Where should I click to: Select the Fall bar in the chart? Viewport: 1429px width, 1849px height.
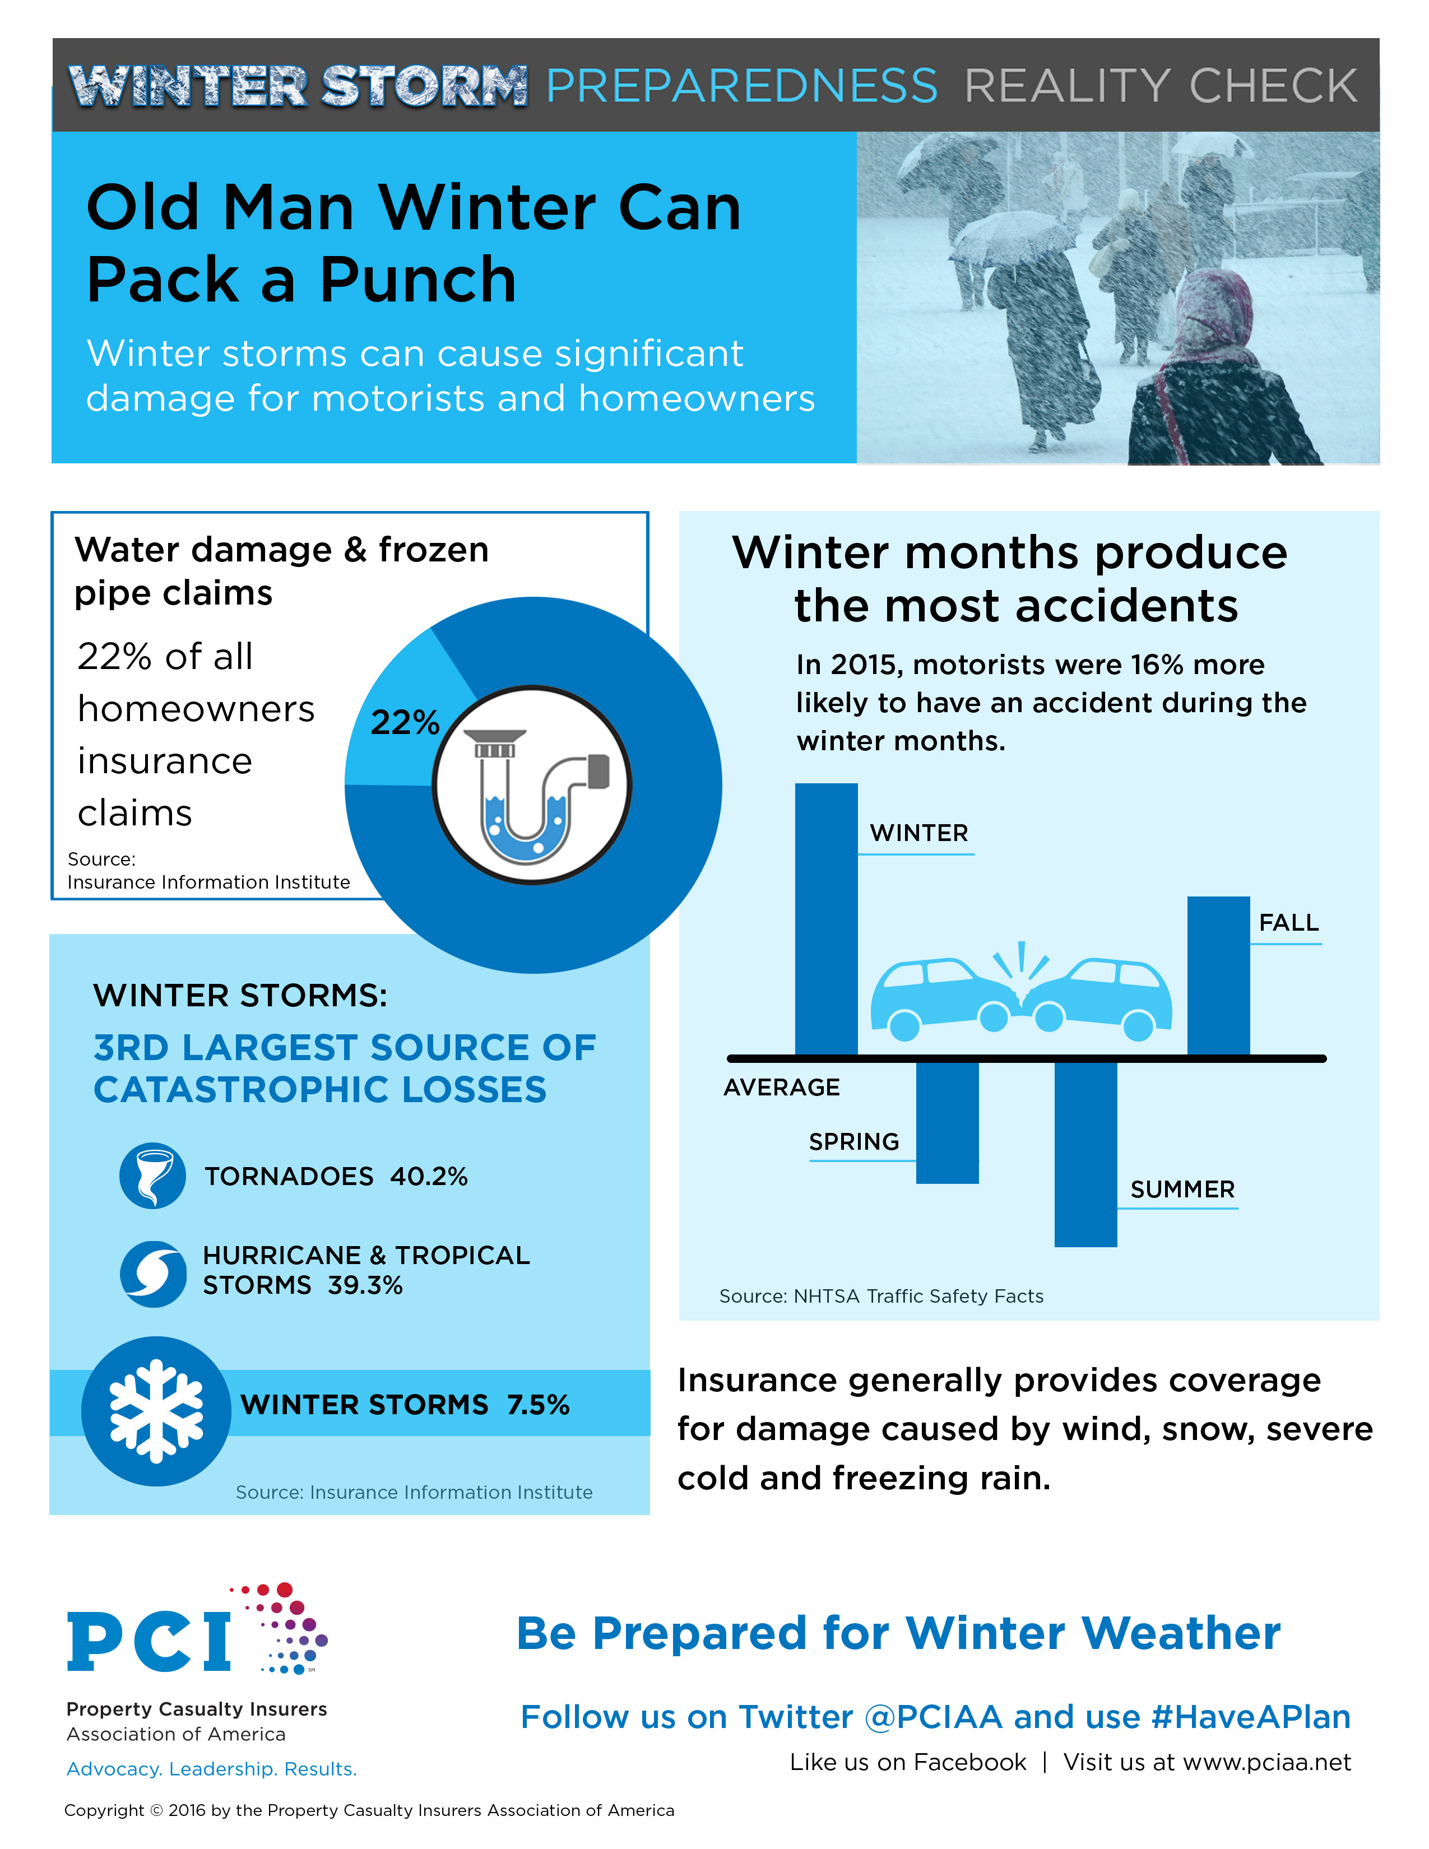1218,975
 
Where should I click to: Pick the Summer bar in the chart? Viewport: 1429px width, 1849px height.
1085,1154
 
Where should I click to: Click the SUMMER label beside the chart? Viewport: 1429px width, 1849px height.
1182,1190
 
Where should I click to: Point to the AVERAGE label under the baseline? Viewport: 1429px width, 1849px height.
781,1087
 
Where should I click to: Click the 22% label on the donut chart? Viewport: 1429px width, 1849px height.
405,722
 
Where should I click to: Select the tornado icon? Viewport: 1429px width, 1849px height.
152,1176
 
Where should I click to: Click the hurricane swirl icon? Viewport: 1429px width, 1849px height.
152,1274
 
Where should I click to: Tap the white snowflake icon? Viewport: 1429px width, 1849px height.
156,1411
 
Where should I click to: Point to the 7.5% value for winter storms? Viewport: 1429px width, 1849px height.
539,1405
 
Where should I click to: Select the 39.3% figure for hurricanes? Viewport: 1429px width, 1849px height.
365,1285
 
